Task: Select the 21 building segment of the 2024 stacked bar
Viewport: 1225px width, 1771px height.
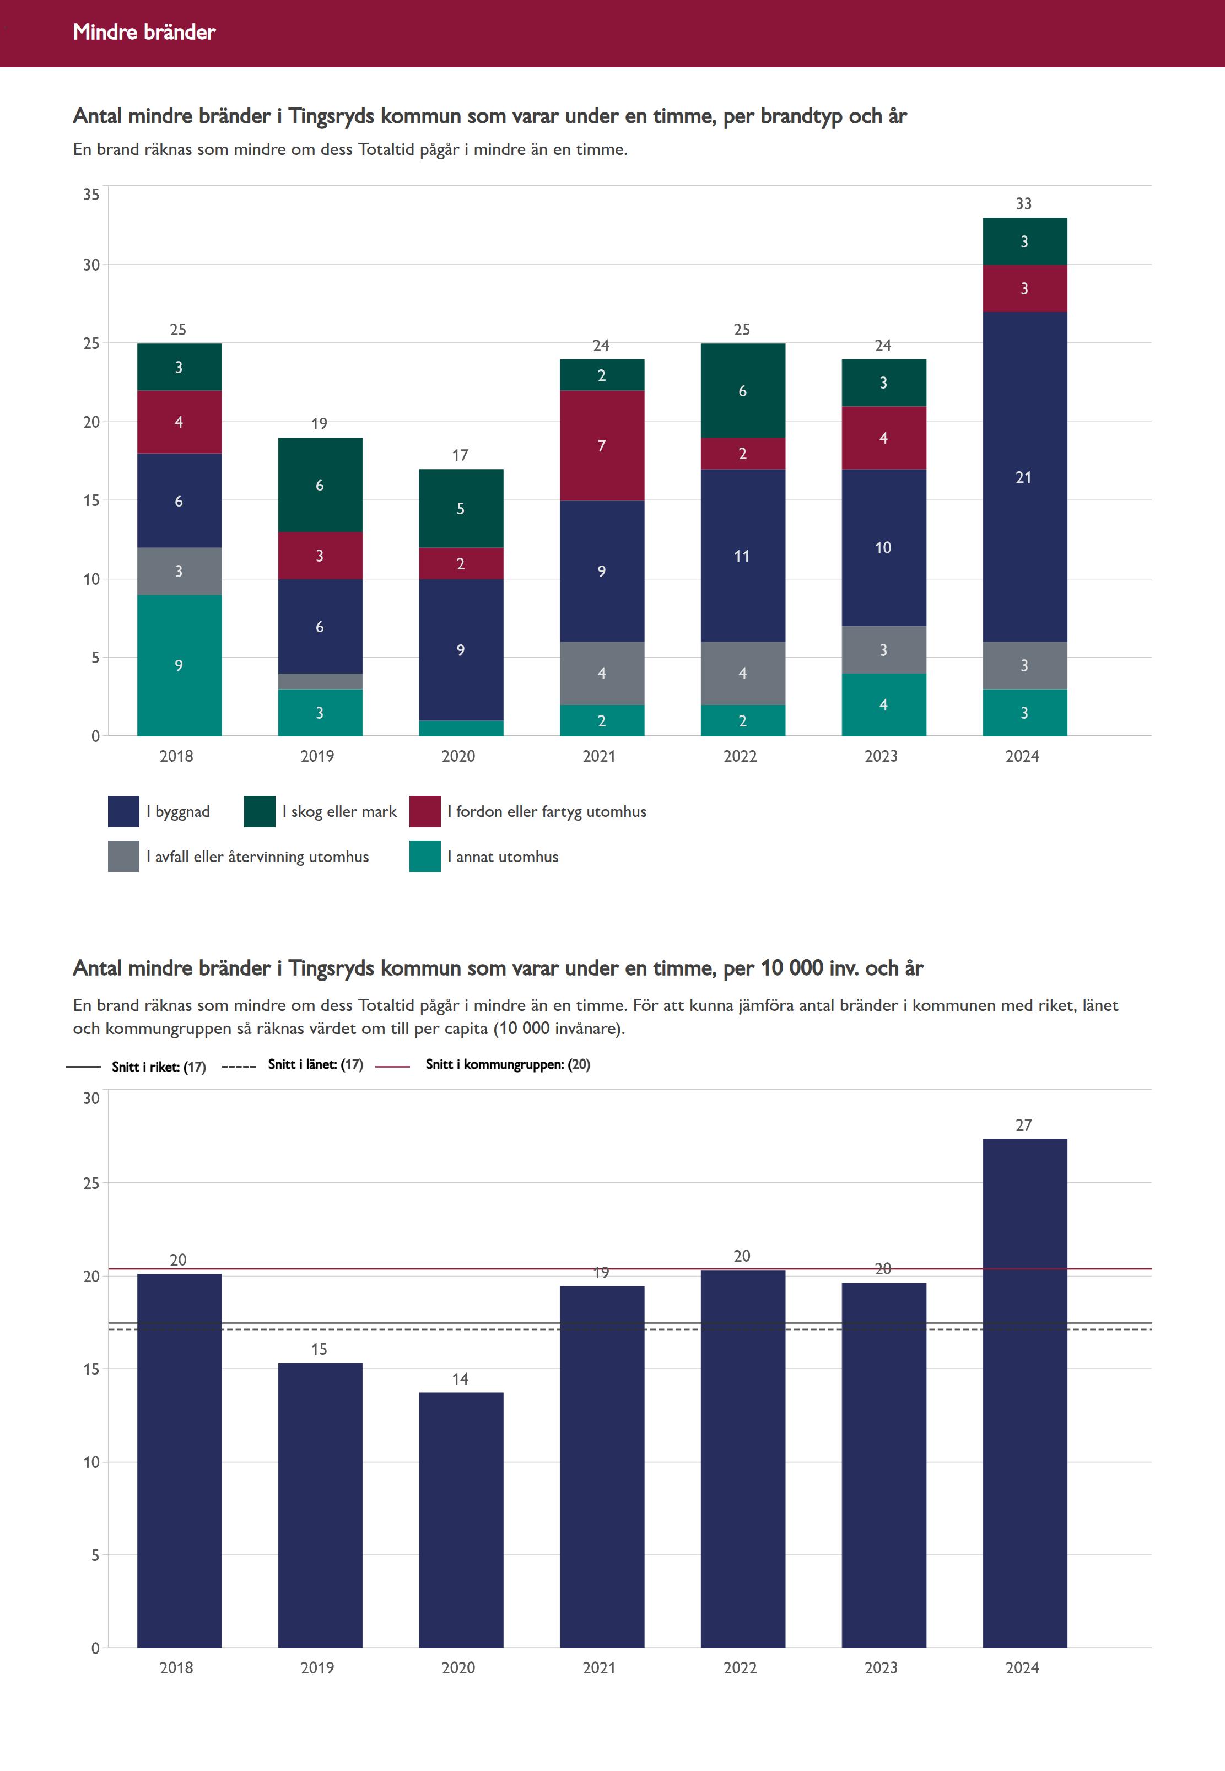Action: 1024,477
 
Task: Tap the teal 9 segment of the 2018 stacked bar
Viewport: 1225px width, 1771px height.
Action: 179,665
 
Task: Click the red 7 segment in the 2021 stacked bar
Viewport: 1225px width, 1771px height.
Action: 602,445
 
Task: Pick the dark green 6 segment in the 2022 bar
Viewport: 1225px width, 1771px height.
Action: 742,391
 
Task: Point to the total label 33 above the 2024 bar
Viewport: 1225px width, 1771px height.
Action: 1024,203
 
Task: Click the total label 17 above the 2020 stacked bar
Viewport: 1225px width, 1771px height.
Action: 460,455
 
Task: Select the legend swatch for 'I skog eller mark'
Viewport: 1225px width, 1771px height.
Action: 260,811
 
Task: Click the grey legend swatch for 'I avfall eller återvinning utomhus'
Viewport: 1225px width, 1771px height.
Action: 123,856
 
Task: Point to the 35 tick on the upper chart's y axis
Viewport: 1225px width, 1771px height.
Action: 91,194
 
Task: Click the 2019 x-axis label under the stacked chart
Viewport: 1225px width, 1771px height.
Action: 317,756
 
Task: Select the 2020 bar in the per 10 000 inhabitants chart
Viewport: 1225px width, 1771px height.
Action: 461,1520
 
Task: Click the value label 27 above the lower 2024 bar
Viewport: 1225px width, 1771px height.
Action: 1024,1124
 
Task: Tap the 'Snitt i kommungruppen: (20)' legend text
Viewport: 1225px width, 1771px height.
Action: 508,1064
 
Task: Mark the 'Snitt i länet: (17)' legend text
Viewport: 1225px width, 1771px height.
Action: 315,1064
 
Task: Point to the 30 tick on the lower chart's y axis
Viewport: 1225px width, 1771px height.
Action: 91,1098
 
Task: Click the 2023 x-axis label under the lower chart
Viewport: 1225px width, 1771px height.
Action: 881,1667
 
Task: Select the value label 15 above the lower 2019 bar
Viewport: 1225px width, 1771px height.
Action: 319,1349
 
